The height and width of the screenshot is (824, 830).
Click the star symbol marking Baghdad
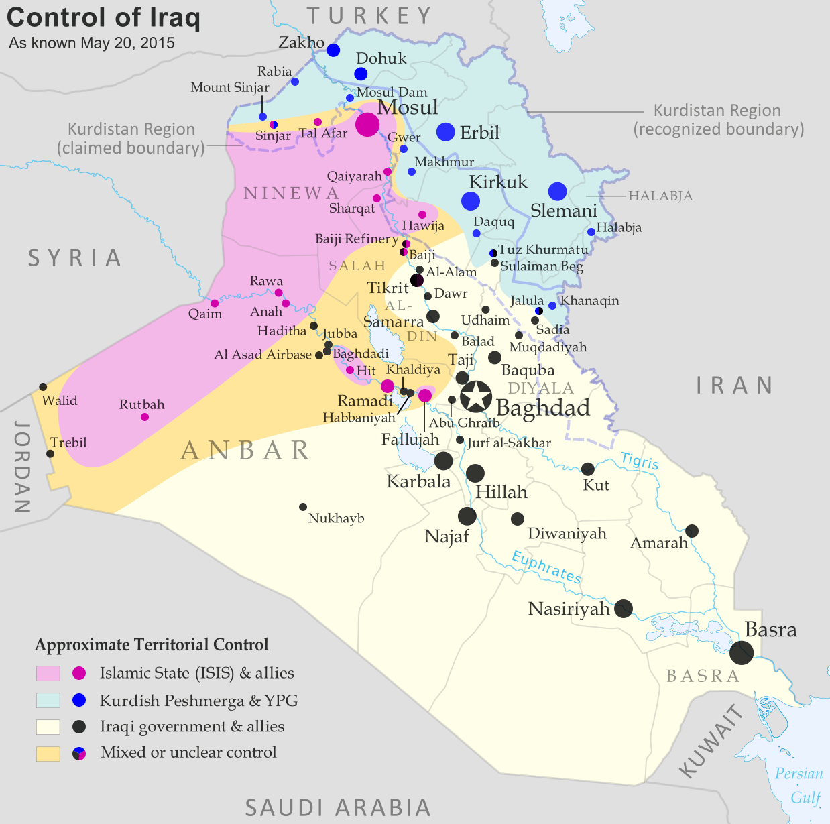click(476, 396)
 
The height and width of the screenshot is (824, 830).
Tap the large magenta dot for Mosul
click(367, 124)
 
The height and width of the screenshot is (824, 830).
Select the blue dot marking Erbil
click(446, 132)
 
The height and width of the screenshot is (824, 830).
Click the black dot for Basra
click(741, 652)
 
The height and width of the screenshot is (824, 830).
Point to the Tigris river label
click(640, 461)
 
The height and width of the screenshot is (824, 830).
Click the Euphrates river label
click(546, 567)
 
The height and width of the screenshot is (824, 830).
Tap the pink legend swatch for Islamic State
click(48, 673)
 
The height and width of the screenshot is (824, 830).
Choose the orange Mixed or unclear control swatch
click(48, 753)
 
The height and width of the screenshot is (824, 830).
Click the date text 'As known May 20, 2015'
click(92, 43)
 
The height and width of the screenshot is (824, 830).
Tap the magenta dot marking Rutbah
click(145, 417)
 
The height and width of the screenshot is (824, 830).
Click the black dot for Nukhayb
click(303, 507)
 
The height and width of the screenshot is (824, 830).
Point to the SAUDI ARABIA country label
click(338, 807)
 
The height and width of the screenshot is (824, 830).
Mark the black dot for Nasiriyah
click(624, 609)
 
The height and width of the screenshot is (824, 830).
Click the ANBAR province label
click(245, 451)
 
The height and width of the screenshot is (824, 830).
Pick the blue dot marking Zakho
click(333, 50)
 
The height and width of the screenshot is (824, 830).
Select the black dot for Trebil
click(50, 454)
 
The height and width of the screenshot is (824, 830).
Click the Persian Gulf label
click(799, 785)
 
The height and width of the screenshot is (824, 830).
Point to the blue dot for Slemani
click(557, 192)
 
